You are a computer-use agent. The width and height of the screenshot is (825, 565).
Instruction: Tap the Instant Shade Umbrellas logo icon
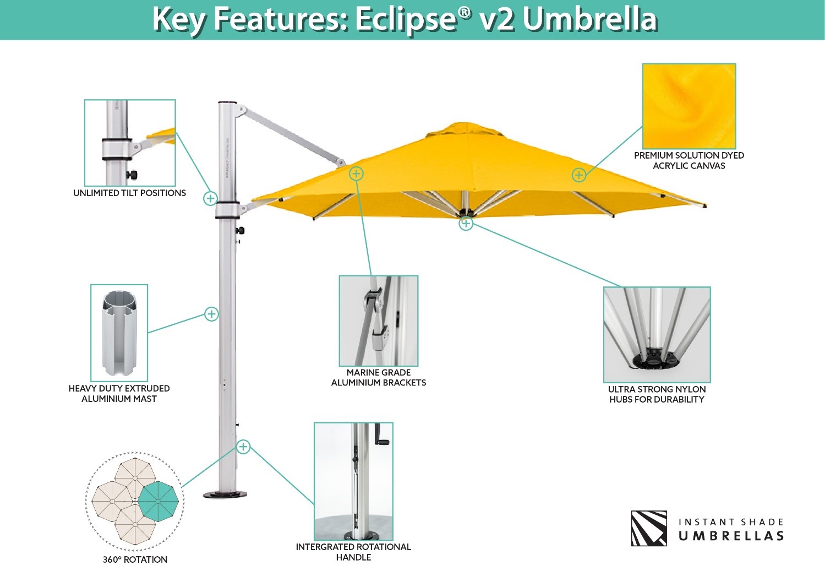point(649,528)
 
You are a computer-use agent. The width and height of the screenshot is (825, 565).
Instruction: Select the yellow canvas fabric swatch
point(689,106)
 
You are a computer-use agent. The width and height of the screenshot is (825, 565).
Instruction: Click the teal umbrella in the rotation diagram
point(158,501)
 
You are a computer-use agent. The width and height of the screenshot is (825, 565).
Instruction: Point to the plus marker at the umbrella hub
point(466,224)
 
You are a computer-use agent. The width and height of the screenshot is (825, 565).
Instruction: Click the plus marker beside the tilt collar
point(210,198)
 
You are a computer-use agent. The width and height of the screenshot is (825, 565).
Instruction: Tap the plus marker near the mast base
point(243,447)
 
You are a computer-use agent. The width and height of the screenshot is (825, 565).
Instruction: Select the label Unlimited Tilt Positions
point(129,193)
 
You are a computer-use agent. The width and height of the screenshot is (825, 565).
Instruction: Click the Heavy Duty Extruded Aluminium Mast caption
point(119,393)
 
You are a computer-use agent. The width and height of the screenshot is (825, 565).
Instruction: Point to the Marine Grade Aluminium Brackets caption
point(379,377)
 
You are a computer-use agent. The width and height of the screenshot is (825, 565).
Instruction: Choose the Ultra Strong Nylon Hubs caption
point(657,394)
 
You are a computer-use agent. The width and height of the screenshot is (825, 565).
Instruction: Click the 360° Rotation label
point(135,559)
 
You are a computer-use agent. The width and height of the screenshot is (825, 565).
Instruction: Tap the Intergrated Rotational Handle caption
point(353,552)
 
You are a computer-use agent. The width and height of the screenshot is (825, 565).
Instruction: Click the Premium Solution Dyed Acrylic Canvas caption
point(689,160)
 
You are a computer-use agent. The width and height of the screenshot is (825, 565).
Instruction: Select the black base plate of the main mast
point(221,495)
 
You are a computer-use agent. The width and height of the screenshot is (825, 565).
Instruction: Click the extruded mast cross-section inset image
point(119,333)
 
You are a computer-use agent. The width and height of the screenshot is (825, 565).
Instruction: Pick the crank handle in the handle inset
point(381,435)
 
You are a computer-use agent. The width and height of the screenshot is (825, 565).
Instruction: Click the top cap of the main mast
point(227,103)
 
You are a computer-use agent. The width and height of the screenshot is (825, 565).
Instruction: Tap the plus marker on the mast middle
point(211,314)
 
